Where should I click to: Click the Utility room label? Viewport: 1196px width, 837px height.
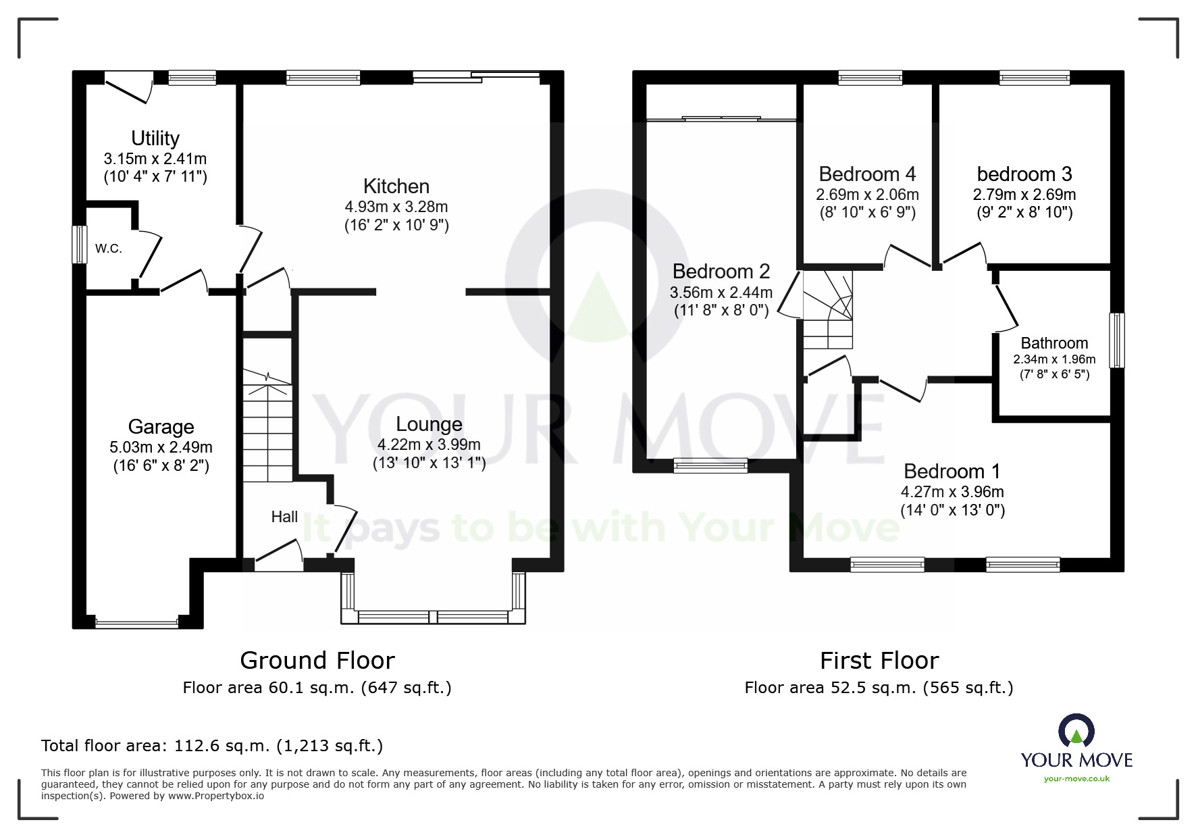(155, 138)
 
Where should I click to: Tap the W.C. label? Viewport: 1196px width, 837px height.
(109, 249)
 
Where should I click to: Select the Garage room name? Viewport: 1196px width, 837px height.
(161, 427)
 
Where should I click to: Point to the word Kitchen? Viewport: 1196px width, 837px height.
(396, 186)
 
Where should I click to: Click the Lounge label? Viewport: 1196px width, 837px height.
(429, 425)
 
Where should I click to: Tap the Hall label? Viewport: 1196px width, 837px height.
(284, 517)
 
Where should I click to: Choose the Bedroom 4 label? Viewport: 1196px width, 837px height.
(867, 174)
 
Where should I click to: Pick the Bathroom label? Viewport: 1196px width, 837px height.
(1054, 343)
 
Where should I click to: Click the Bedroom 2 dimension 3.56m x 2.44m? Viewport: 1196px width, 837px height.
(721, 293)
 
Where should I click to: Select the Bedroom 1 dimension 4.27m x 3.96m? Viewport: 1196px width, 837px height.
(952, 492)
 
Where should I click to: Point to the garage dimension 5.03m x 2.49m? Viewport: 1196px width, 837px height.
(161, 447)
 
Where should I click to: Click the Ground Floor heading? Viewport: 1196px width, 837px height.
(317, 660)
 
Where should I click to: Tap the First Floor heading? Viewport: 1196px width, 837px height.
(879, 660)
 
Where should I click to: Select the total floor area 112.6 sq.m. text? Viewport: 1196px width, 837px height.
(212, 746)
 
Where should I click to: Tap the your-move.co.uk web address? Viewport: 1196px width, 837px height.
(1076, 779)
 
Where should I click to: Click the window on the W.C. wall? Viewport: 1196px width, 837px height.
(80, 244)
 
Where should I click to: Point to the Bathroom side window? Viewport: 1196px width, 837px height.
(1118, 340)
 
